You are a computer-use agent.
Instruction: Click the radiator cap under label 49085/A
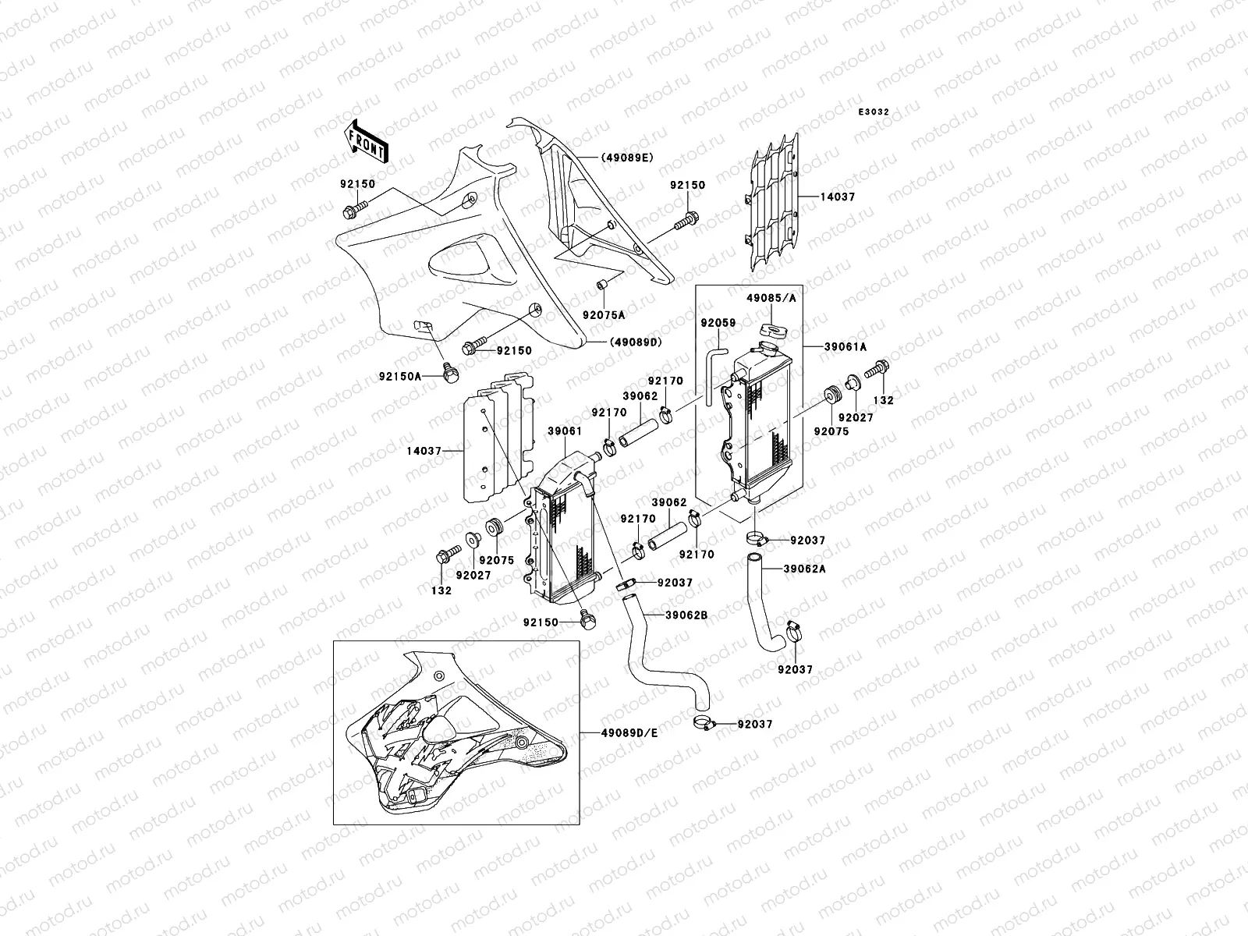click(x=770, y=331)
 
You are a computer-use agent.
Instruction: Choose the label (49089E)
click(x=626, y=158)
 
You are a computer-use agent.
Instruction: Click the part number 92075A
click(x=604, y=316)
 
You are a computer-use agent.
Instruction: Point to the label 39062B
click(x=686, y=615)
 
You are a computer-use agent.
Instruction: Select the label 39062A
click(x=804, y=569)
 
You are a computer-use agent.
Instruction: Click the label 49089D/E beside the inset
click(x=629, y=733)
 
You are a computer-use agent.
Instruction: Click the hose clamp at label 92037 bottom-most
click(x=705, y=724)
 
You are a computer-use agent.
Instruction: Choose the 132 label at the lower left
click(x=441, y=590)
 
